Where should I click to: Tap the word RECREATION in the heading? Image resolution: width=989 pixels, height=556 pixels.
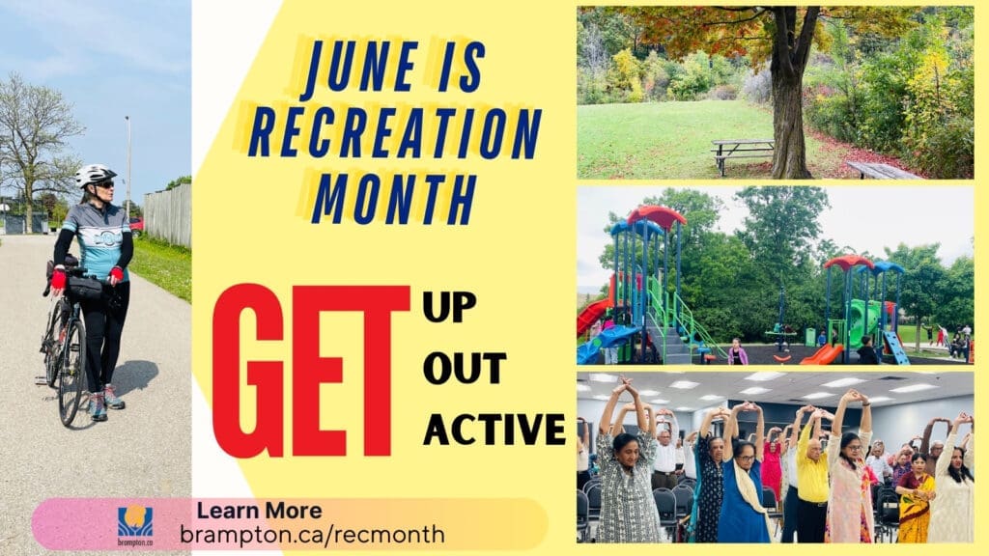tap(395, 133)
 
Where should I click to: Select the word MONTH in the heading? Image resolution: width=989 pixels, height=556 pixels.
tap(394, 199)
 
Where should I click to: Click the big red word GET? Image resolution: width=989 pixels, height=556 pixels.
tap(311, 371)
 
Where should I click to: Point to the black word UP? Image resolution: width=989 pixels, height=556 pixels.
tap(449, 307)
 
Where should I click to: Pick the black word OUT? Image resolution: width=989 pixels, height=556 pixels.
tap(465, 368)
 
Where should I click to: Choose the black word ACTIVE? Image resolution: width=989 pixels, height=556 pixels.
tap(494, 430)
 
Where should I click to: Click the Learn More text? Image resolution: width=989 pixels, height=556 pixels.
tap(259, 510)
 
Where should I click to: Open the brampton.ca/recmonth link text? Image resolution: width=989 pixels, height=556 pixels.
tap(312, 535)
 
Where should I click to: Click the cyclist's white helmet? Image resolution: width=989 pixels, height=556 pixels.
tap(96, 175)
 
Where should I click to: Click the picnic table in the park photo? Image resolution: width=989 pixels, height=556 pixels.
tap(743, 153)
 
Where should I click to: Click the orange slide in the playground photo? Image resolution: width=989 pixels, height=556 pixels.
tap(821, 354)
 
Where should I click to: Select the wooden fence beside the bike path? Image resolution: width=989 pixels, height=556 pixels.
tap(168, 215)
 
